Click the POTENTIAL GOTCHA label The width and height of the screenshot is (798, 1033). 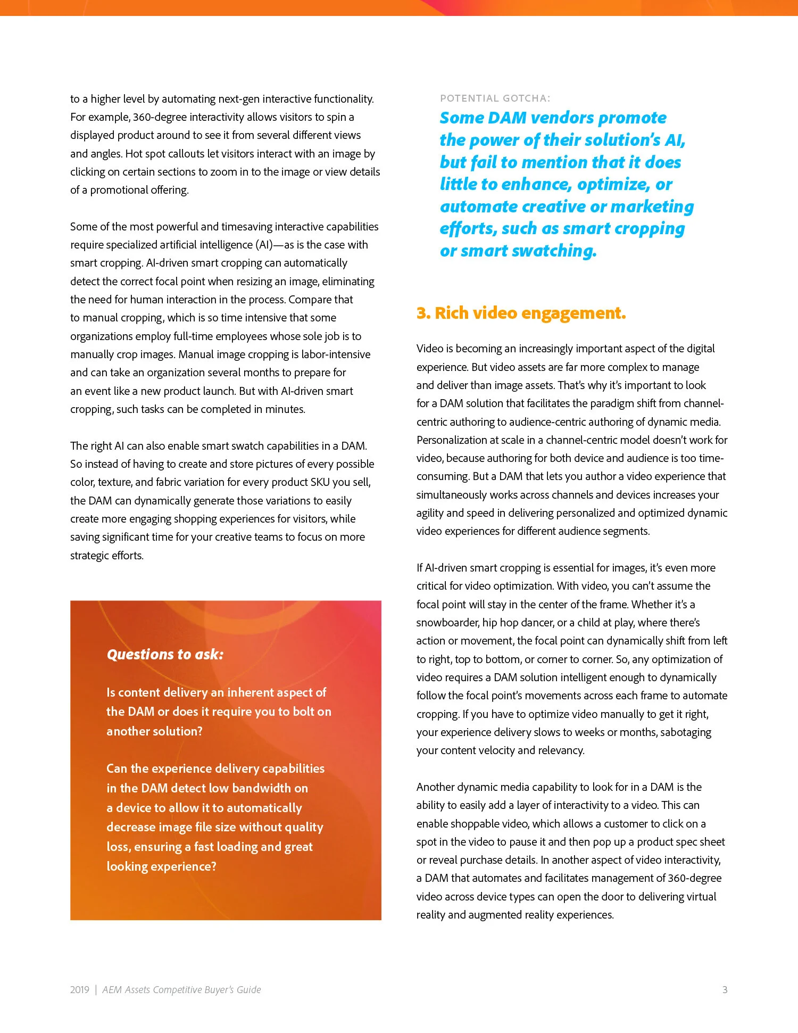(x=495, y=98)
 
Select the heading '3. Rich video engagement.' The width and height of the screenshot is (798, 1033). (x=521, y=313)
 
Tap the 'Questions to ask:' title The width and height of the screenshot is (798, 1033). (x=165, y=654)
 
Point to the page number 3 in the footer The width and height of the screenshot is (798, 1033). (x=725, y=989)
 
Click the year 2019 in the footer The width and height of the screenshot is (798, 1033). (x=80, y=989)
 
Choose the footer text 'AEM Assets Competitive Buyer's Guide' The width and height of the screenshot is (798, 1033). (x=181, y=989)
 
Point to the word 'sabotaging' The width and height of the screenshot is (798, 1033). (x=686, y=732)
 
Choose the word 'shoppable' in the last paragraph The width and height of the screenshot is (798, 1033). (x=475, y=824)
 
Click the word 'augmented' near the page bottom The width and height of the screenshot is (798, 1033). (x=496, y=915)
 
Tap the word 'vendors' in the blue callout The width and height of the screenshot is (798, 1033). (x=563, y=118)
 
